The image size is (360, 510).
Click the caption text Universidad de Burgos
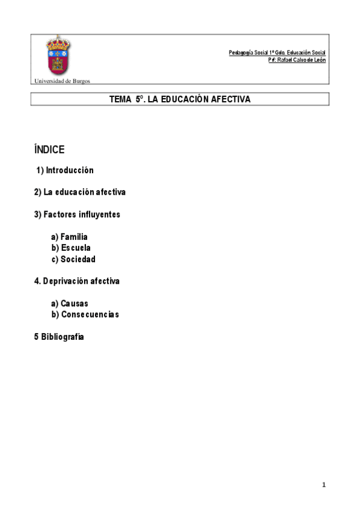[63, 81]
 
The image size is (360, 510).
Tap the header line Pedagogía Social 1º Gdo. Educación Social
[277, 53]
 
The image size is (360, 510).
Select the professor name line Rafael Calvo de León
[297, 61]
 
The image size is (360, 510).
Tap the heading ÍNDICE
[49, 150]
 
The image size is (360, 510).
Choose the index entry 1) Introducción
[65, 171]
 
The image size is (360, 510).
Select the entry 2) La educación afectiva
[80, 192]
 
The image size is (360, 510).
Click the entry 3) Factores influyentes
[77, 215]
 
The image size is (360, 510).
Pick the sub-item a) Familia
[70, 237]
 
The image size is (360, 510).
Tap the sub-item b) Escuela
[71, 248]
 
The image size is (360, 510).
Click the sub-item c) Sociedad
[73, 259]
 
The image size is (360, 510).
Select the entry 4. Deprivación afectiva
[77, 281]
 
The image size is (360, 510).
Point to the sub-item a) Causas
[70, 304]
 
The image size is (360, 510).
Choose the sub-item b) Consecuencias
[85, 315]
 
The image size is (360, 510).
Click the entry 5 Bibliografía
[59, 337]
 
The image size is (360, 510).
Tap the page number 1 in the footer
[323, 485]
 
